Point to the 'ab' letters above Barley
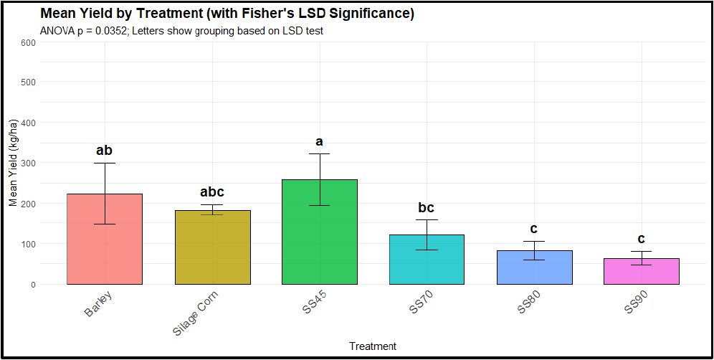tap(104, 151)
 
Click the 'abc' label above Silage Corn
tap(212, 192)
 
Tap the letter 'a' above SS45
tap(320, 141)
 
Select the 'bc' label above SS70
tap(427, 208)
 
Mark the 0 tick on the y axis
tap(32, 285)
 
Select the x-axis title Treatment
tap(373, 346)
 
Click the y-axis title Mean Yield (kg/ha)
tap(13, 164)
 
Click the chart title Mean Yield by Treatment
tap(227, 14)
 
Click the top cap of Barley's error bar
tap(104, 164)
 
